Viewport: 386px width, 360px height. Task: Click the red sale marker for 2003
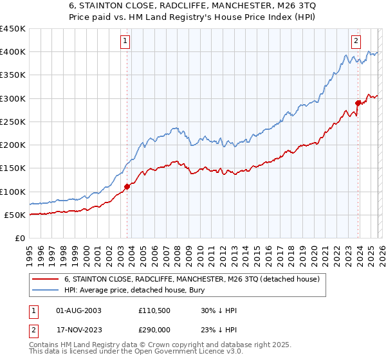[x=127, y=186]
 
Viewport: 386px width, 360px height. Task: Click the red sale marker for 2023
[x=358, y=102]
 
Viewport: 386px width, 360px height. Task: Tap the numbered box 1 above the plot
[x=125, y=41]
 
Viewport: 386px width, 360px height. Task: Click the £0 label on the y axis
[x=19, y=238]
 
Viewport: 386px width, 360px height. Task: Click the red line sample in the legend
[x=46, y=279]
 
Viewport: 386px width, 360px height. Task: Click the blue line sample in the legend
[x=46, y=290]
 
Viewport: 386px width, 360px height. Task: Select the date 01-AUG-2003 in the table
[x=79, y=310]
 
